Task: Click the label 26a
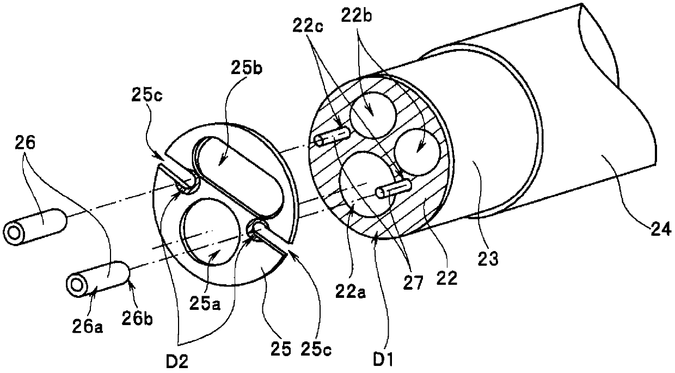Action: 88,327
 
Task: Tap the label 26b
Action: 137,319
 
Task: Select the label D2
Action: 177,362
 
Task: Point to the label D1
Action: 383,359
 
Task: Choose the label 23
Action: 488,259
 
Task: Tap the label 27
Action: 414,283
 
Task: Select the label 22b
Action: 357,15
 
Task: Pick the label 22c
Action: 308,26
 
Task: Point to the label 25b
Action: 247,68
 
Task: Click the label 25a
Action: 205,304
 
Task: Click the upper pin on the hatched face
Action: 332,136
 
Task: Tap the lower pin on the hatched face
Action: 393,188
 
